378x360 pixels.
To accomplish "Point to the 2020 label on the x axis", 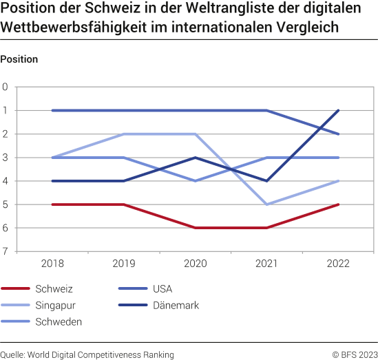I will click(196, 264).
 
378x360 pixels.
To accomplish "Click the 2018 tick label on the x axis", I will click(53, 264).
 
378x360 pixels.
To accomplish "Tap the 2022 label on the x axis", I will click(338, 264).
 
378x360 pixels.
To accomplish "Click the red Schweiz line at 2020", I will click(196, 228).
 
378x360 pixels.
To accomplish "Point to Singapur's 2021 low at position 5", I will click(266, 204).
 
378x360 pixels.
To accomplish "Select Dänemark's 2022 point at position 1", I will click(338, 110).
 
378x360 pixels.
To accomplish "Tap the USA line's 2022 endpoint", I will click(338, 134).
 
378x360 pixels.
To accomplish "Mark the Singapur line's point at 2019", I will click(124, 134).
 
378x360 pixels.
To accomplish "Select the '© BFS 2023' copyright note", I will click(355, 354).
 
